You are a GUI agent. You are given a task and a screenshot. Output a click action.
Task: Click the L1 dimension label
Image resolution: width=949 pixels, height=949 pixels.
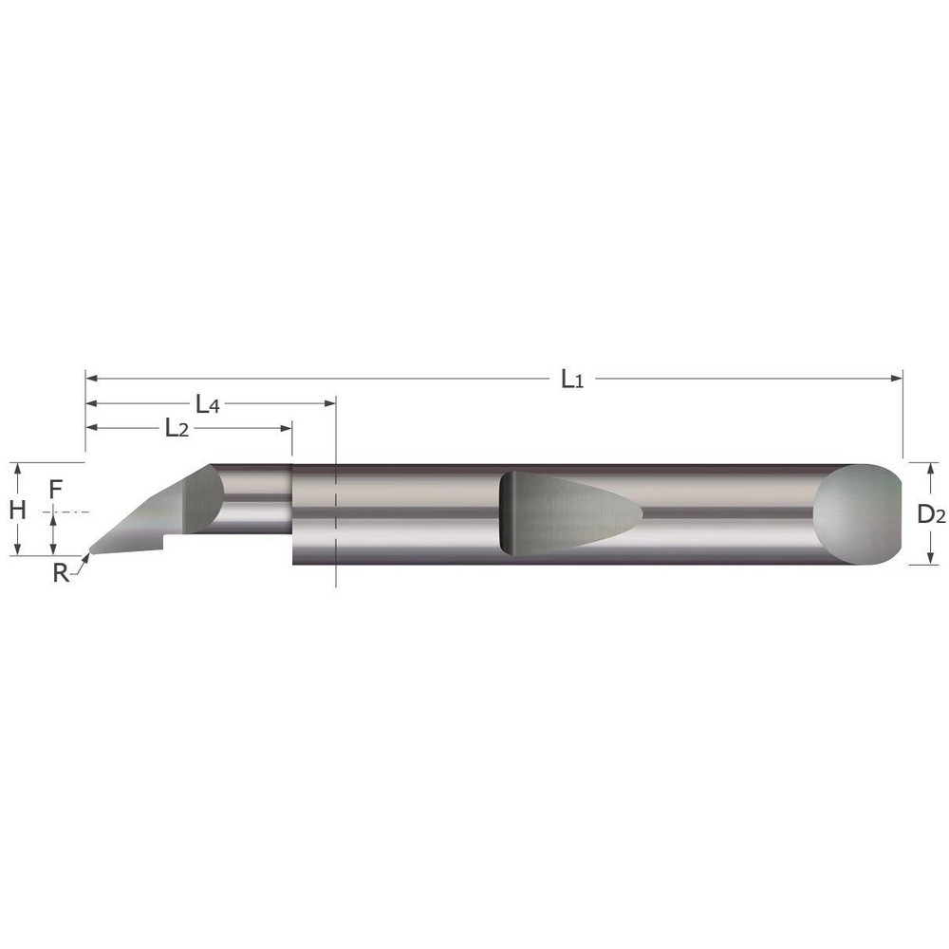point(571,380)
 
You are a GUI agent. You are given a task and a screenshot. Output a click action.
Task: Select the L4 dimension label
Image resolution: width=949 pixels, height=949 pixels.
point(208,404)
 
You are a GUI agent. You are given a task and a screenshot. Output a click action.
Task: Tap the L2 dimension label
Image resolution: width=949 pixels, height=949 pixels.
point(176,429)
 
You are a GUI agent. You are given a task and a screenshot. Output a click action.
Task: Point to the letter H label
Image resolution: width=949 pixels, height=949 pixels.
point(17,510)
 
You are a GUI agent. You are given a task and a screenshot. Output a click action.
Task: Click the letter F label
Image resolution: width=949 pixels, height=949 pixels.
point(55,490)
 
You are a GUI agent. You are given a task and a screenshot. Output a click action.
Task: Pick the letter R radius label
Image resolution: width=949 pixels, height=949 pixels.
point(61,572)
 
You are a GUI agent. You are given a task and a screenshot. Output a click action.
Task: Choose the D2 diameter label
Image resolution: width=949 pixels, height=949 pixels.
point(931,515)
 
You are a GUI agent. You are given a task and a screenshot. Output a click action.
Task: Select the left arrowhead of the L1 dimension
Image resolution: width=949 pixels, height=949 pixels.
point(92,378)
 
